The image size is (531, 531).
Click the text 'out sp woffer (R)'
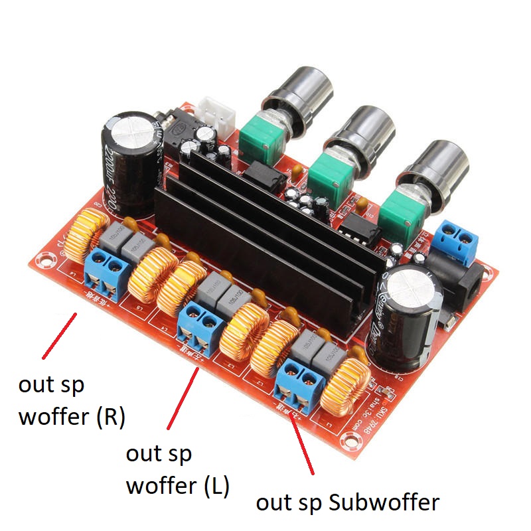click(x=72, y=401)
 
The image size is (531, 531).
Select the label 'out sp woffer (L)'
click(x=177, y=470)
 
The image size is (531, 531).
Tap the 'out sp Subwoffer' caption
click(x=348, y=502)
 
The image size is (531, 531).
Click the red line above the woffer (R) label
click(x=58, y=336)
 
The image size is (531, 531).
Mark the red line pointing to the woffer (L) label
click(x=183, y=398)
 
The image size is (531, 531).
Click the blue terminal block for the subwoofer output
click(x=301, y=385)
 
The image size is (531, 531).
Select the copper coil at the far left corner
click(x=85, y=232)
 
